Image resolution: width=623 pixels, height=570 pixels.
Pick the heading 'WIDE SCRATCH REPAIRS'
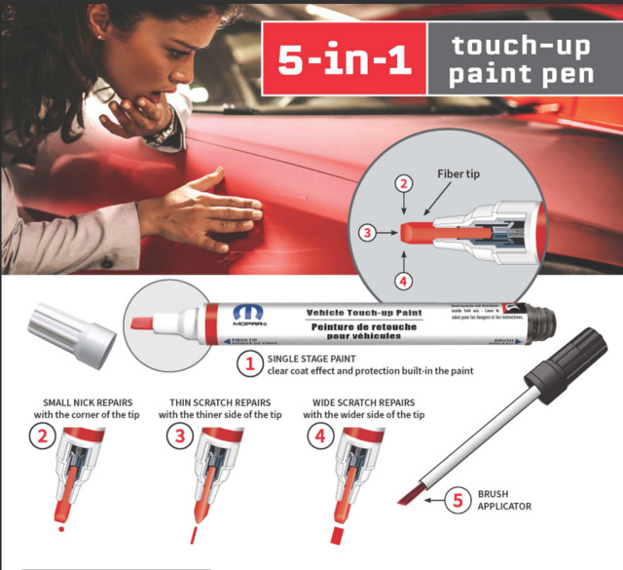click(363, 401)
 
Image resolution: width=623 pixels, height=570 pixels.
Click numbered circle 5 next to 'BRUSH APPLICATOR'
click(458, 502)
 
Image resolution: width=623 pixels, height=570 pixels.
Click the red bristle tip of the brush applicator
click(411, 495)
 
